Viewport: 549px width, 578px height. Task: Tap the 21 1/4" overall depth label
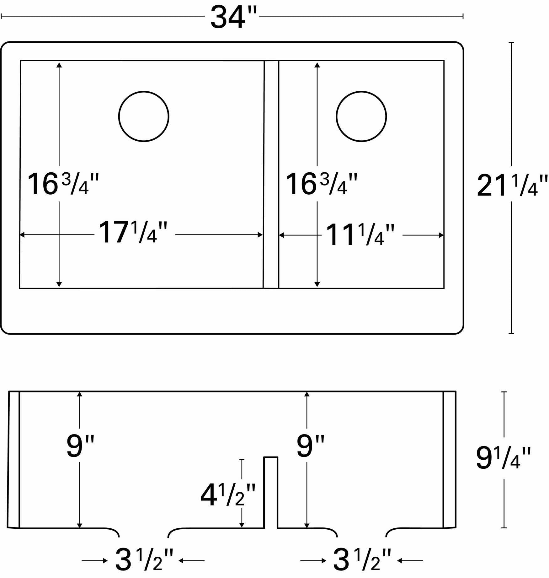(512, 186)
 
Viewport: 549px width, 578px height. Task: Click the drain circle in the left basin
(144, 116)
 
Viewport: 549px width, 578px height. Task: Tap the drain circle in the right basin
(361, 116)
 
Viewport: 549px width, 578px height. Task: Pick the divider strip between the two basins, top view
(271, 174)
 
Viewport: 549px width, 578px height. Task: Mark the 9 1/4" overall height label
(503, 459)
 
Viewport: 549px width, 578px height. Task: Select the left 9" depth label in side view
(80, 446)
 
